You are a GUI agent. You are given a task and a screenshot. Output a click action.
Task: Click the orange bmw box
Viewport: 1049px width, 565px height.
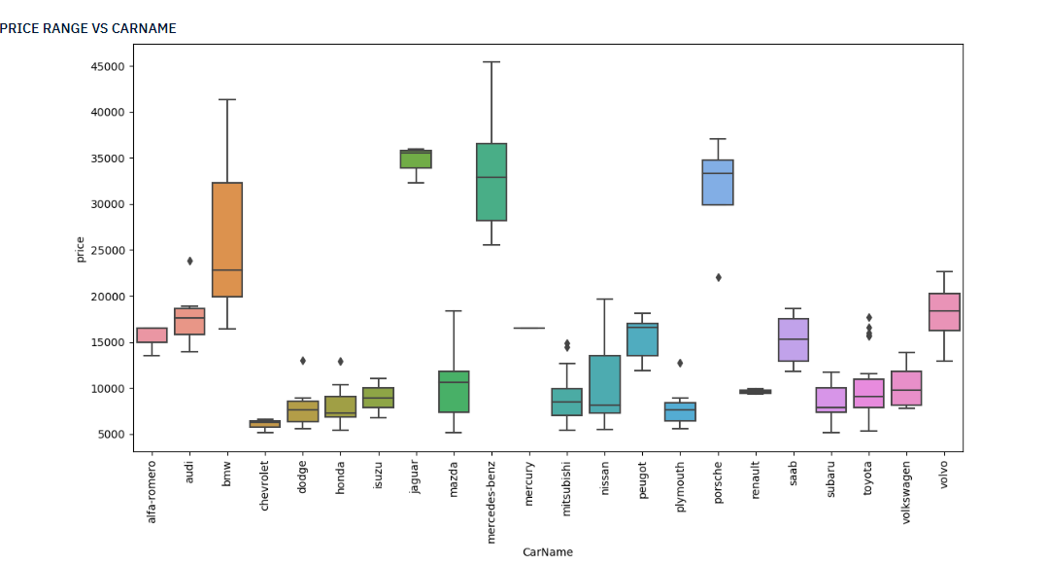point(226,239)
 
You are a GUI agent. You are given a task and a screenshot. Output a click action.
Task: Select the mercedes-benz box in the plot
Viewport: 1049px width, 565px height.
point(491,182)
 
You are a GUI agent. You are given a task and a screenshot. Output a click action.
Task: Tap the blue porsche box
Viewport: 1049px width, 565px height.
point(718,182)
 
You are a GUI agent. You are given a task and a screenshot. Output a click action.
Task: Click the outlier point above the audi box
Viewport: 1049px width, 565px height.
point(189,261)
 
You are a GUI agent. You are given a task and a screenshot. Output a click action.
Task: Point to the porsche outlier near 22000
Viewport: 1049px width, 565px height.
point(718,277)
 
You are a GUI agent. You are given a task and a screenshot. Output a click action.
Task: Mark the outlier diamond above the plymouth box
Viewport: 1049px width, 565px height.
point(680,363)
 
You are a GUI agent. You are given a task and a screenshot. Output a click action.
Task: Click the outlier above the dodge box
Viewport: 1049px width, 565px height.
point(302,361)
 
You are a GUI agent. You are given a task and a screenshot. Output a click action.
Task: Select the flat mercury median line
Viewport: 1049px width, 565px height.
point(529,328)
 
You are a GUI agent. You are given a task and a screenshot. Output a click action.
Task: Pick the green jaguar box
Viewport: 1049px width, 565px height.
point(416,159)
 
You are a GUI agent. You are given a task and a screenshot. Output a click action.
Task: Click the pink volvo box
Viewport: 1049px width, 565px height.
point(944,312)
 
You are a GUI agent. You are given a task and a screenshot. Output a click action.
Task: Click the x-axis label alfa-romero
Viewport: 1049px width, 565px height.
point(152,485)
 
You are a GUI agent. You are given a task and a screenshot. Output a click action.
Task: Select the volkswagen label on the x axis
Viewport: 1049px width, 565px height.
point(906,485)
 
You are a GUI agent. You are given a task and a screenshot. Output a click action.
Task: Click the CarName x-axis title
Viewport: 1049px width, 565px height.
point(547,552)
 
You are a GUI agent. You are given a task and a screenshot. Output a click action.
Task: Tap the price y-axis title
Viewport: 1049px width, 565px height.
point(81,249)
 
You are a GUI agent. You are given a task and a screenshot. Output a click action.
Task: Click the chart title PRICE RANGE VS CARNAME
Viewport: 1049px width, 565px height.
point(88,28)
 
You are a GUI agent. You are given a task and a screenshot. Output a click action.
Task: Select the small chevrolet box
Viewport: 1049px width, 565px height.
point(264,424)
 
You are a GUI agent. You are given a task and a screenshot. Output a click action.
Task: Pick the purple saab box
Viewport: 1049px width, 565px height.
point(794,339)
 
